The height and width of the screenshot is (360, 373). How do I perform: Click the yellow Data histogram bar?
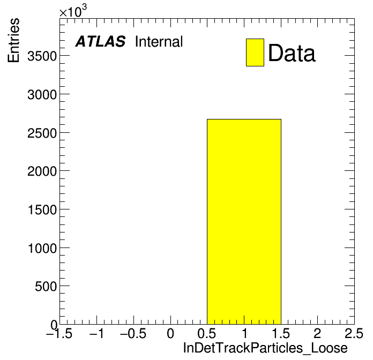[x=244, y=222]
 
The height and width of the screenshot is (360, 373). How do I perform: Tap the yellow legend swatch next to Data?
[x=255, y=52]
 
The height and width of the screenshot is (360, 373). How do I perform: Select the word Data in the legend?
[x=292, y=53]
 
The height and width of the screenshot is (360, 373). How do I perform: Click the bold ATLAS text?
[x=100, y=41]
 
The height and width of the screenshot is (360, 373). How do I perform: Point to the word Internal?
[x=159, y=41]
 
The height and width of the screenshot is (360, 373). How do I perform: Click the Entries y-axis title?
[x=13, y=40]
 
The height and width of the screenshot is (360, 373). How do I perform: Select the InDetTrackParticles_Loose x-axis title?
[x=265, y=348]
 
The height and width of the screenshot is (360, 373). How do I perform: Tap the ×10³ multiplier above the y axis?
[x=73, y=11]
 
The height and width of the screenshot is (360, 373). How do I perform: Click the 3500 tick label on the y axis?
[x=42, y=56]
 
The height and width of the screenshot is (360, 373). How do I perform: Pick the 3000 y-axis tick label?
[x=42, y=95]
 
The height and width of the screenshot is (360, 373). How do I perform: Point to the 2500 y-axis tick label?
[x=42, y=133]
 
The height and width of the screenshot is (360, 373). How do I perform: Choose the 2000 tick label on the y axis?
[x=42, y=171]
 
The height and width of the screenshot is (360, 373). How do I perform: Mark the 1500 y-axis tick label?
[x=42, y=209]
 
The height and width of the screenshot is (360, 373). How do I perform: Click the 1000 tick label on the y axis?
[x=42, y=248]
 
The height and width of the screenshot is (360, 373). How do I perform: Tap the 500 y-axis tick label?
[x=46, y=286]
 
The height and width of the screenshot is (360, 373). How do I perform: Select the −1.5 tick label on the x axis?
[x=59, y=333]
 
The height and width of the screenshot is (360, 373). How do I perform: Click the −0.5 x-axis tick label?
[x=133, y=333]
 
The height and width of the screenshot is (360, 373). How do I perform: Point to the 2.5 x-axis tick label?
[x=354, y=333]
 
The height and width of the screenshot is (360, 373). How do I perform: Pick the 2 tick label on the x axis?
[x=317, y=333]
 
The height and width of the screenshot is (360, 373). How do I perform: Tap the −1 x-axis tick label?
[x=96, y=333]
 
